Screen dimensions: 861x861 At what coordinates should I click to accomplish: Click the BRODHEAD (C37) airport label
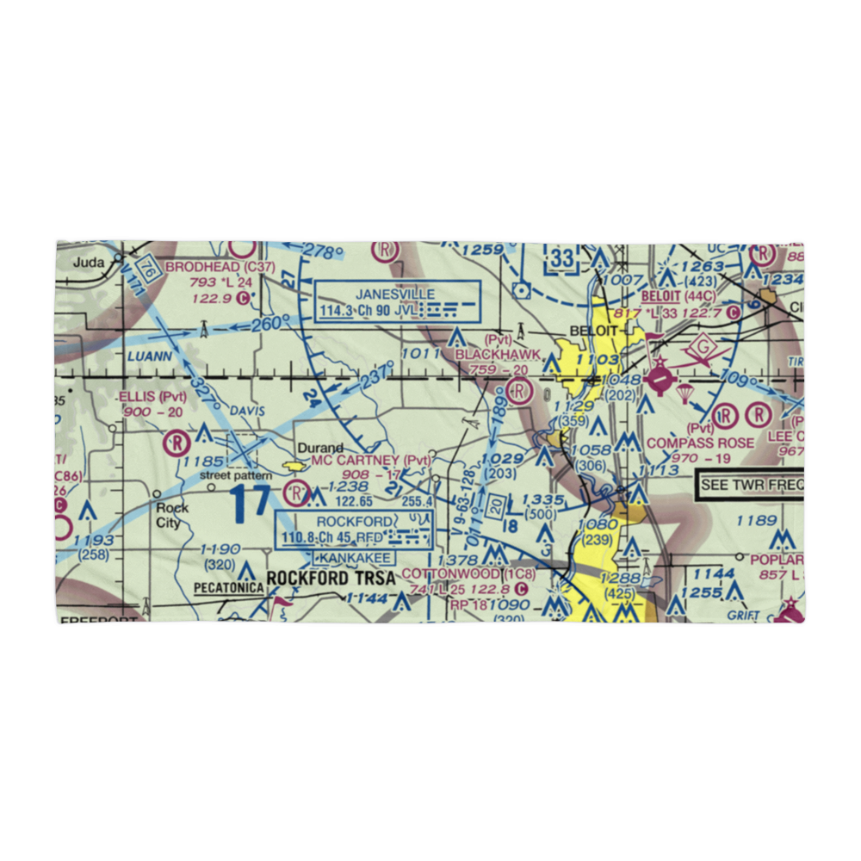click(220, 267)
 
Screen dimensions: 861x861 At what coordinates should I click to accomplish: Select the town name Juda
click(88, 263)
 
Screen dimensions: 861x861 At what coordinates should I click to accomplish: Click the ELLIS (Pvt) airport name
click(152, 397)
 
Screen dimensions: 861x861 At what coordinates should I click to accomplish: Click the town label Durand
click(320, 448)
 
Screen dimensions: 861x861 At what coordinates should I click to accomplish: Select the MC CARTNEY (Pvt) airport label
click(370, 461)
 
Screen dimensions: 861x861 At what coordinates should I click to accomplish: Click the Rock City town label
click(172, 514)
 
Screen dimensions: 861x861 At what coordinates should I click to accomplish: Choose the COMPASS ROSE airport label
click(700, 443)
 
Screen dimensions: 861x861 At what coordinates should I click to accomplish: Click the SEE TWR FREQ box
click(749, 486)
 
